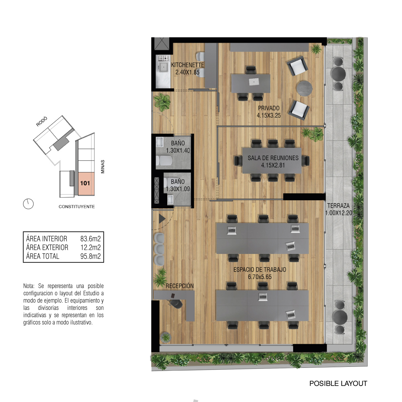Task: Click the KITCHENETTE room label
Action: coord(187,65)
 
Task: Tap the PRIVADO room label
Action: coord(269,108)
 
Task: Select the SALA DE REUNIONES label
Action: coord(273,158)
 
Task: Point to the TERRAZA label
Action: coord(338,206)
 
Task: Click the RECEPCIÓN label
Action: coord(180,286)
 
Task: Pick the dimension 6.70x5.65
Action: coord(260,277)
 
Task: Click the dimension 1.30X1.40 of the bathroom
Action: coord(178,150)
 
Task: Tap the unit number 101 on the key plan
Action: coord(85,183)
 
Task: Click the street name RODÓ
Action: coord(42,122)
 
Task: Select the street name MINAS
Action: coord(103,167)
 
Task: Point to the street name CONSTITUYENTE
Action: coord(77,207)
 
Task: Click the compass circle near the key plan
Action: coord(28,204)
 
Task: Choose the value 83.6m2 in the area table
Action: coord(90,239)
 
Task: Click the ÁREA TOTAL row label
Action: coord(43,256)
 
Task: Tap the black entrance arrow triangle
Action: coord(162,219)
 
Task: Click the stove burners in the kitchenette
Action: coord(163,58)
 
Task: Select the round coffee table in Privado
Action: coord(305,88)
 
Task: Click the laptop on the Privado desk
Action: coord(254,82)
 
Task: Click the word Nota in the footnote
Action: coord(29,286)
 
